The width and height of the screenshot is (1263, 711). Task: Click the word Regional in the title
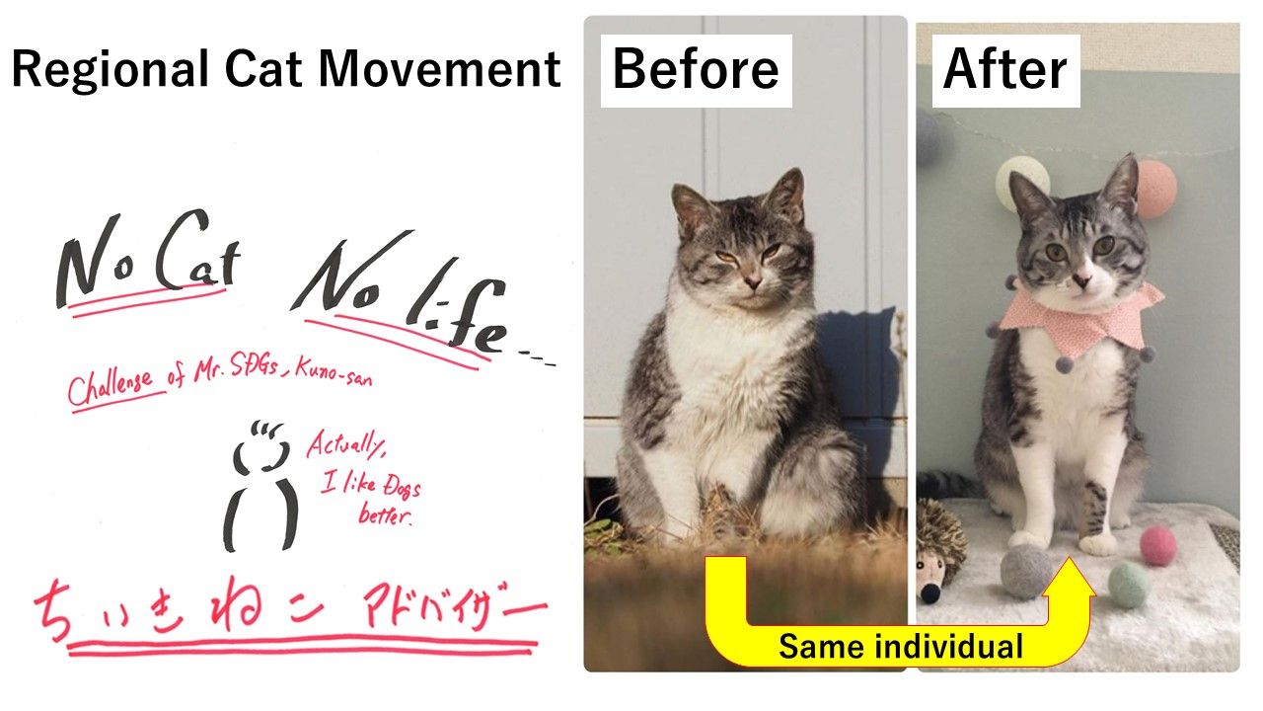click(x=110, y=70)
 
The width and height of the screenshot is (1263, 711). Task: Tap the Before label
click(x=696, y=70)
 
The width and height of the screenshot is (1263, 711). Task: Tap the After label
click(x=1005, y=70)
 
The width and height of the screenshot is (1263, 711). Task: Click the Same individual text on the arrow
click(x=901, y=646)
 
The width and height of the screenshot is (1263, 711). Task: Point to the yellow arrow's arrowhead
click(x=1069, y=577)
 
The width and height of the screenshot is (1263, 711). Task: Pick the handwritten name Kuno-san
click(x=334, y=372)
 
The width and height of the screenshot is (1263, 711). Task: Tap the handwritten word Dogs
click(x=402, y=487)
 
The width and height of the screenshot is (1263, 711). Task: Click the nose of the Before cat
click(x=752, y=280)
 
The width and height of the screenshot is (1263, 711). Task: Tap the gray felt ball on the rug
click(x=1025, y=571)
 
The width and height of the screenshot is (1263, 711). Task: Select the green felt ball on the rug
click(x=1129, y=586)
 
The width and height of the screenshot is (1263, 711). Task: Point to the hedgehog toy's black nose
click(x=929, y=593)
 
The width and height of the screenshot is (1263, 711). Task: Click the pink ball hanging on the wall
click(x=1154, y=189)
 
